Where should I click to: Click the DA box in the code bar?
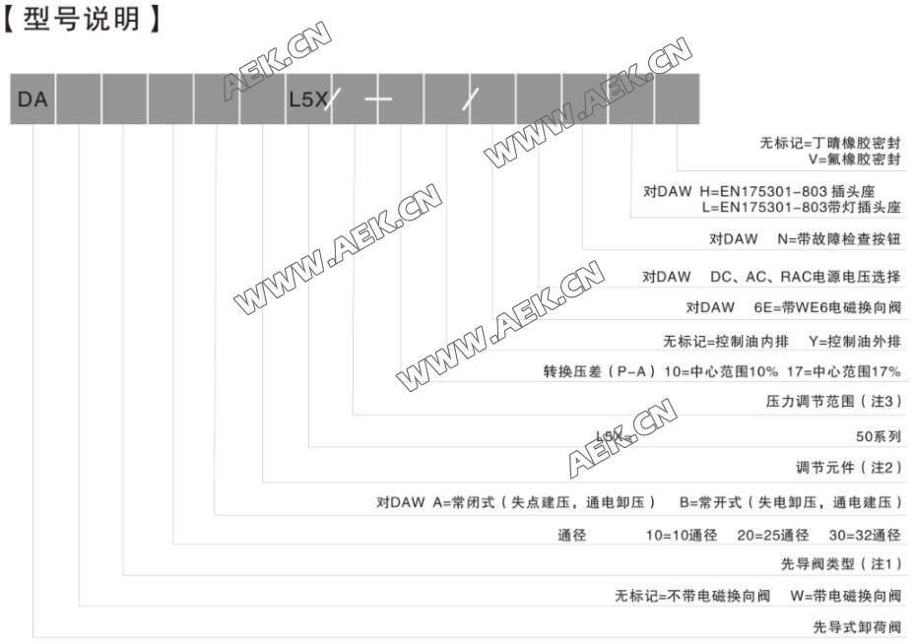[x=33, y=99]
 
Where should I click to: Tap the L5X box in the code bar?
[x=307, y=99]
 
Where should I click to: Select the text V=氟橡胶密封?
[x=854, y=158]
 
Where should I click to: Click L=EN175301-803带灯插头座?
[x=801, y=208]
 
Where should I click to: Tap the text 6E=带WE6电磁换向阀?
[x=826, y=308]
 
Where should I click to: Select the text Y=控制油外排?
[x=853, y=343]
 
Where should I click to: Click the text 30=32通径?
[x=864, y=536]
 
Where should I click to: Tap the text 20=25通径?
[x=772, y=536]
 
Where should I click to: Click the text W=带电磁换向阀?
[x=844, y=596]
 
